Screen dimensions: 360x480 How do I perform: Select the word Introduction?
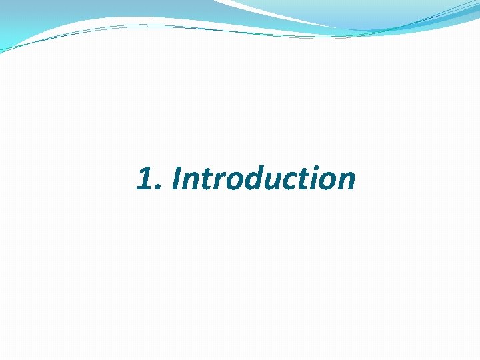click(263, 179)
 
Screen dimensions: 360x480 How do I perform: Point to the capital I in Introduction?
click(176, 179)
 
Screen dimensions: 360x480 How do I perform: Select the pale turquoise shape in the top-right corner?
click(373, 13)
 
